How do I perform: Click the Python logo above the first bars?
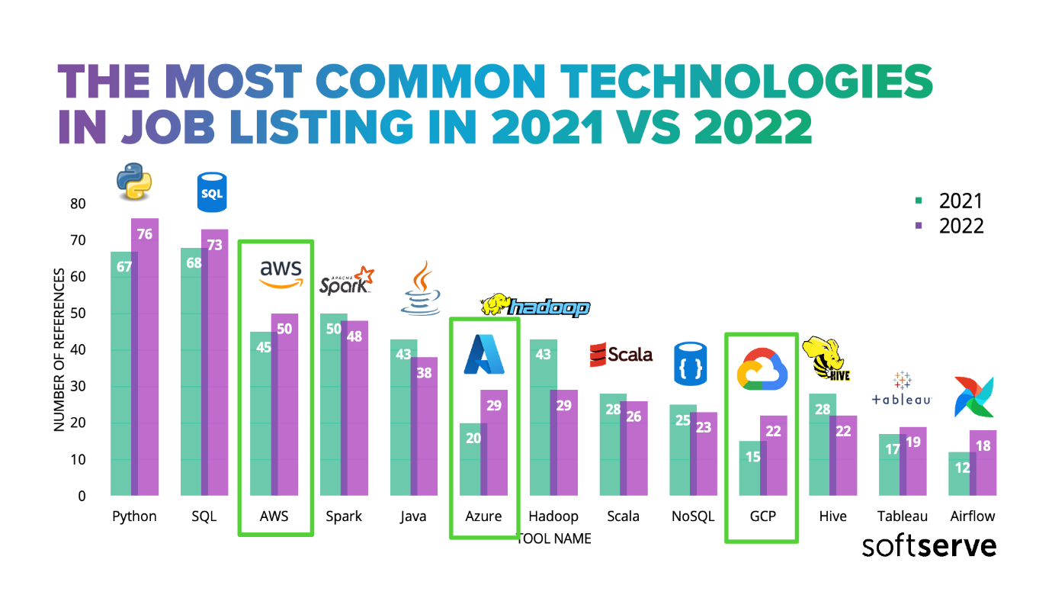click(134, 181)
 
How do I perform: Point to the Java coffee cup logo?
click(421, 289)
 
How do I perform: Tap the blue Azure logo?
click(484, 354)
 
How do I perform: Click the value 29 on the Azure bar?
click(493, 405)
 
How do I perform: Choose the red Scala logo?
click(621, 355)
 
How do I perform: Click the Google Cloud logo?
click(762, 368)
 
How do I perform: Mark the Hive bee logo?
click(826, 359)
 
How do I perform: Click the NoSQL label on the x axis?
click(693, 516)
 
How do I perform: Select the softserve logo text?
click(929, 546)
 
